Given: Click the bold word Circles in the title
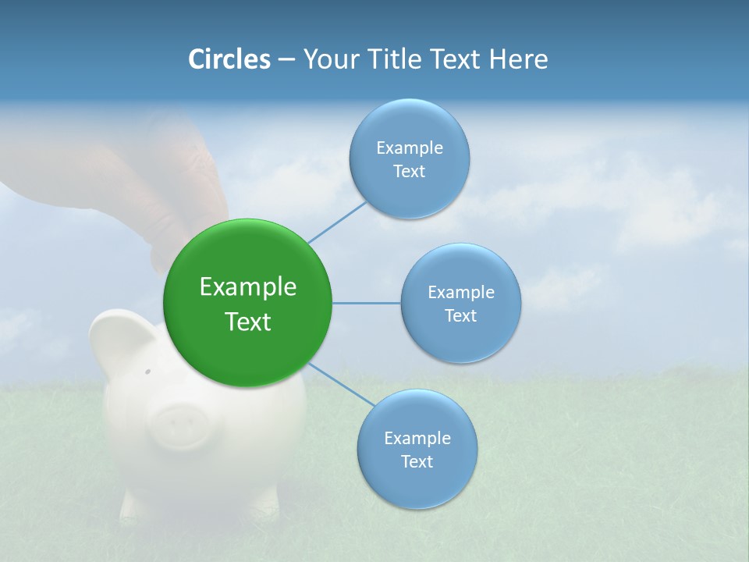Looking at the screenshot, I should tap(229, 59).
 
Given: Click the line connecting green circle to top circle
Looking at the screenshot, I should tap(338, 222).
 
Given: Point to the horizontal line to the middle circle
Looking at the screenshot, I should tap(367, 303).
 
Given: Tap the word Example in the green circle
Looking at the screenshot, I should tap(247, 287).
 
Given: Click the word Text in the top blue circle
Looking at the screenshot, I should tap(409, 172).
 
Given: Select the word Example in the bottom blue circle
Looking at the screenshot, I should tap(417, 439).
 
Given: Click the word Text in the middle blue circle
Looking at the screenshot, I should tap(461, 316).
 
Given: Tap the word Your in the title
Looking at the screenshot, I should tap(328, 59).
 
